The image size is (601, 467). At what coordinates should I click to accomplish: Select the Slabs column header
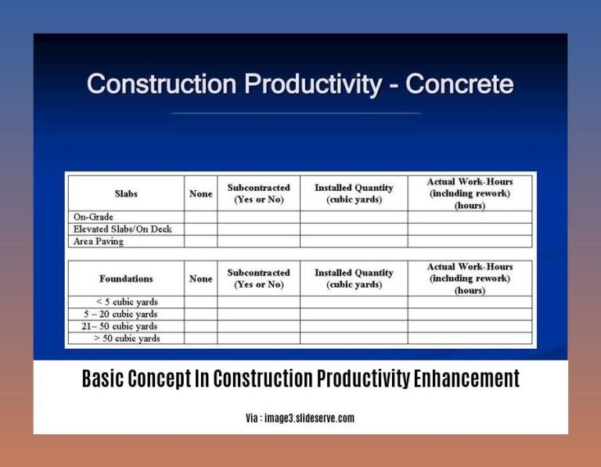pos(126,193)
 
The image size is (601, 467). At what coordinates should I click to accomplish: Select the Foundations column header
pos(126,278)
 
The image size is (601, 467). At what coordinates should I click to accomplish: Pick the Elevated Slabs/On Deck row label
pos(122,229)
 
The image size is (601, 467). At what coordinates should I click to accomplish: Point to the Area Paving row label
pos(99,242)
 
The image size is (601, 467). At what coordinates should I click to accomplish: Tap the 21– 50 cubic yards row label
pos(124,326)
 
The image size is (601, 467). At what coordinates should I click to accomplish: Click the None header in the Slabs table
pos(201,193)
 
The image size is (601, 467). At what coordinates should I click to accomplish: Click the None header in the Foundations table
pos(201,278)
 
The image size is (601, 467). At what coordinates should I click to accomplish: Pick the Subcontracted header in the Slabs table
pos(258,193)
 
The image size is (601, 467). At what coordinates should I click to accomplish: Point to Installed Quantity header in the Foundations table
pos(353,278)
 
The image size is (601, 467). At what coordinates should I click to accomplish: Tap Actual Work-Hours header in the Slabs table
pos(470,193)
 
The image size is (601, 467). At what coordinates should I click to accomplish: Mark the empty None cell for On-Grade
pos(201,217)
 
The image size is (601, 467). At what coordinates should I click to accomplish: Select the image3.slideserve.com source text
pos(310,419)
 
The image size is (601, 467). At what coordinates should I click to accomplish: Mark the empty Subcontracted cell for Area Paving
pos(258,242)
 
